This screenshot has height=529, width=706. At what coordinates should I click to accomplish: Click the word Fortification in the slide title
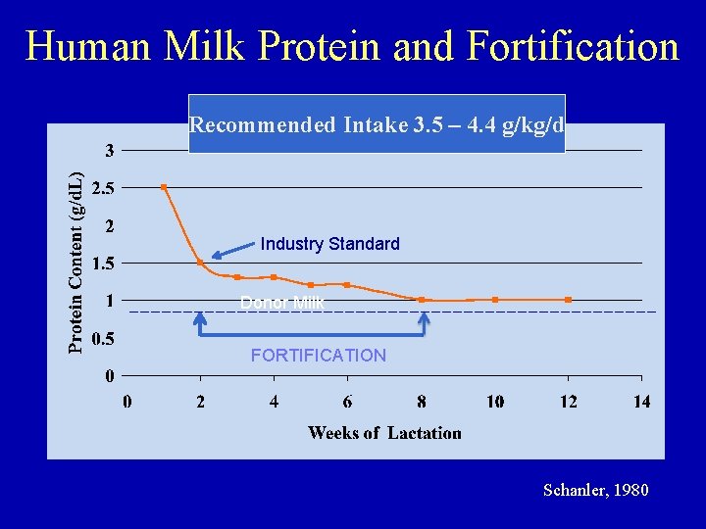tap(574, 46)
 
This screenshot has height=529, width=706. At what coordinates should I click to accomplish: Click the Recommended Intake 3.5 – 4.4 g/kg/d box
tap(377, 124)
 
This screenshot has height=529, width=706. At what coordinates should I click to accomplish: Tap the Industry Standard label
tap(330, 244)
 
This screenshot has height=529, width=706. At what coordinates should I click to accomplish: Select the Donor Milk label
tap(282, 303)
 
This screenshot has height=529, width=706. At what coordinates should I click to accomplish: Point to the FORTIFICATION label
tap(319, 356)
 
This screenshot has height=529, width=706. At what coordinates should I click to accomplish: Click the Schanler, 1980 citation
tap(595, 490)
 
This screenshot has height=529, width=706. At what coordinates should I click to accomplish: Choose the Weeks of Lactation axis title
tap(384, 433)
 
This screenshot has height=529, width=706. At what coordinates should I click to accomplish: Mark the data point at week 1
tap(164, 187)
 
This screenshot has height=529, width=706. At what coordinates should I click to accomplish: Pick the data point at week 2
tap(200, 263)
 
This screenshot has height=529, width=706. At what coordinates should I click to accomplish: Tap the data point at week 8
tap(422, 300)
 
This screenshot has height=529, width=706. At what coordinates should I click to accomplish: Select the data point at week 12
tap(569, 300)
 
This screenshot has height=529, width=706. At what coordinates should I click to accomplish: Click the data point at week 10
tap(495, 300)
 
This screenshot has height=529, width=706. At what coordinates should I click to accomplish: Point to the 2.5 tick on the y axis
tap(102, 187)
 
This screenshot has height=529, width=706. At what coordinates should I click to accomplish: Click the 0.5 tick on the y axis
tap(102, 339)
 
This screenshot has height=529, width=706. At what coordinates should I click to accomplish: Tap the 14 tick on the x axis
tap(641, 401)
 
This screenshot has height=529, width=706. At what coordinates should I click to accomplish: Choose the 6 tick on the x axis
tap(348, 401)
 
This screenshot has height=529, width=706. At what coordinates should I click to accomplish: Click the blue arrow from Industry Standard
tap(232, 252)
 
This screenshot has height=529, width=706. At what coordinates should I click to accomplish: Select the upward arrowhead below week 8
tap(425, 318)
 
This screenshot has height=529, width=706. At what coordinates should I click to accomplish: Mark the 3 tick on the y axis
tap(110, 150)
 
